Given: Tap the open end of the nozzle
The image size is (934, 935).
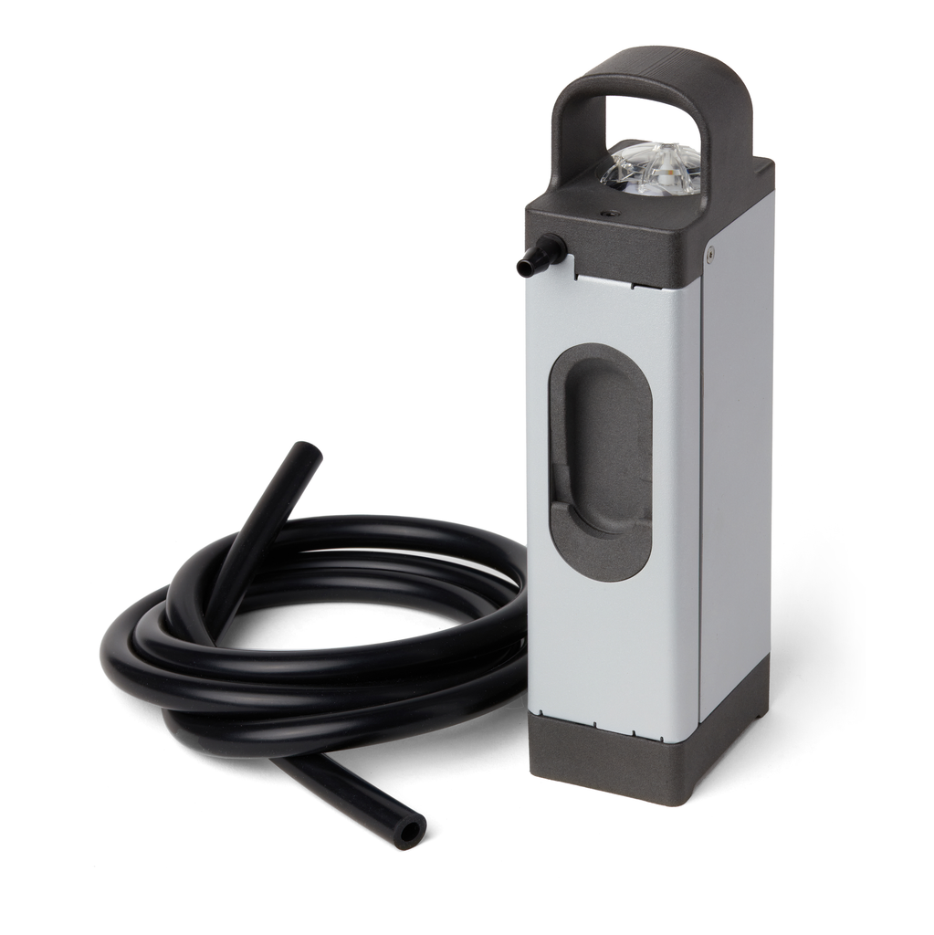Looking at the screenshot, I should click(x=525, y=268).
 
